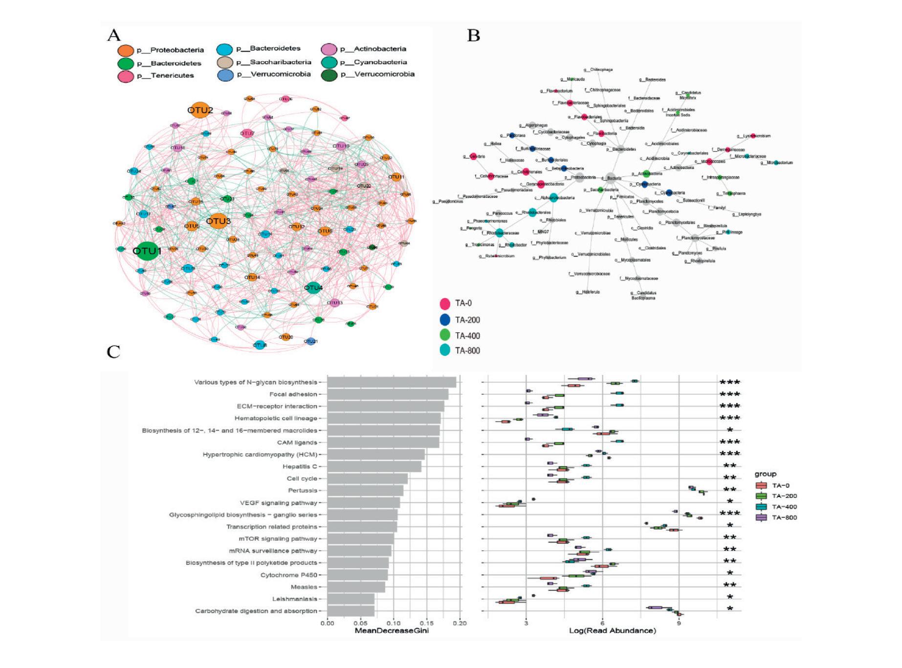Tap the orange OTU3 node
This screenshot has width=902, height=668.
[218, 221]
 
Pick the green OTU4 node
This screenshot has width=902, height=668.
[313, 288]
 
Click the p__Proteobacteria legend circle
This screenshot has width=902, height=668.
[126, 50]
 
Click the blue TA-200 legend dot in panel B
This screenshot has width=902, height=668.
[445, 320]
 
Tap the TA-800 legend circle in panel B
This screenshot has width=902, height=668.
[445, 350]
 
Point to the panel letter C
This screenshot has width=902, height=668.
[113, 352]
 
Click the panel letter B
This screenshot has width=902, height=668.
[473, 35]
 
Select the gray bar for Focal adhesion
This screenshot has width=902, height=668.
[388, 394]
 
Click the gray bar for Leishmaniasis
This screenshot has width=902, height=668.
[351, 599]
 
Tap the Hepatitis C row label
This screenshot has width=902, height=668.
[300, 467]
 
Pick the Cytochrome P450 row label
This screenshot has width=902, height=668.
[289, 575]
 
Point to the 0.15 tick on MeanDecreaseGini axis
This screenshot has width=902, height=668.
[427, 623]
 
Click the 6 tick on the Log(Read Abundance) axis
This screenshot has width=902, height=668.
[602, 623]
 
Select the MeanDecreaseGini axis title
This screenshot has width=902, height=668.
[392, 631]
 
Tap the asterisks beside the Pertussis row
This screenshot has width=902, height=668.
[730, 490]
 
